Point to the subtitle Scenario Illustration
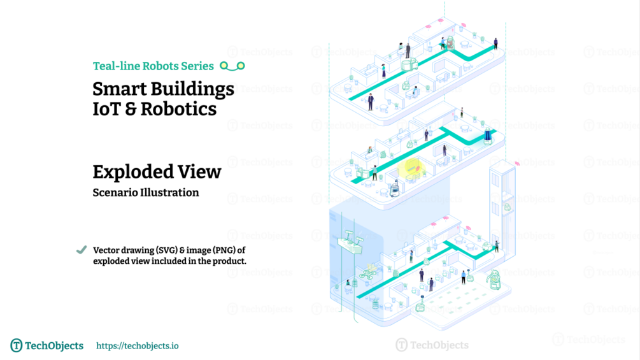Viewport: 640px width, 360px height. [x=146, y=192]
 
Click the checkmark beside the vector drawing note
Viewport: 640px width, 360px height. [x=82, y=250]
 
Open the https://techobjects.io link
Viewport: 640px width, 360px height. [x=138, y=346]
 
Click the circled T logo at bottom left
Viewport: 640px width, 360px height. [x=17, y=345]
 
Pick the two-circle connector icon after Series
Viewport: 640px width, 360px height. [x=232, y=66]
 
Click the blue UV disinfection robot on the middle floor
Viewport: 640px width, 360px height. [x=487, y=136]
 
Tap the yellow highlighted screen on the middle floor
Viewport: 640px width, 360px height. [x=411, y=168]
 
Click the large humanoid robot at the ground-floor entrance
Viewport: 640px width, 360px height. [x=494, y=280]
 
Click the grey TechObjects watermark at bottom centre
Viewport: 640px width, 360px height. [x=432, y=345]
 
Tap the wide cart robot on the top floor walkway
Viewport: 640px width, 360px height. [x=409, y=64]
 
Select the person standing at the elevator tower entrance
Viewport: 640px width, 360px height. [x=497, y=246]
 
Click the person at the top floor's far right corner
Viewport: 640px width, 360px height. [x=496, y=44]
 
